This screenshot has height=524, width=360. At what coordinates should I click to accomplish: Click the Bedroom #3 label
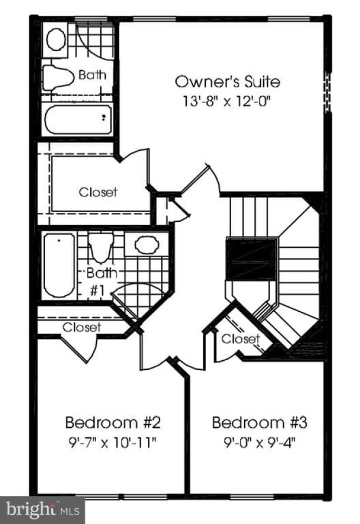pyautogui.click(x=259, y=422)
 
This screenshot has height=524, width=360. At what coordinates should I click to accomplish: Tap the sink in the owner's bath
pyautogui.click(x=56, y=39)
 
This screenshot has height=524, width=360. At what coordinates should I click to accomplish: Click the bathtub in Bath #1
pyautogui.click(x=59, y=266)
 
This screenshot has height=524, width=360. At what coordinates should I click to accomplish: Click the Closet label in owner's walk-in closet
pyautogui.click(x=98, y=192)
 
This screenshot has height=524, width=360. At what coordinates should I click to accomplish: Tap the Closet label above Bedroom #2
pyautogui.click(x=82, y=327)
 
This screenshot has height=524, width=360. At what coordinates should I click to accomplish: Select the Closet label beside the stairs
pyautogui.click(x=240, y=339)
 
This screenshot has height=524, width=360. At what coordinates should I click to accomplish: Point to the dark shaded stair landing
pyautogui.click(x=250, y=259)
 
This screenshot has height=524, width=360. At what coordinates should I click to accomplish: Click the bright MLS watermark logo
pyautogui.click(x=42, y=510)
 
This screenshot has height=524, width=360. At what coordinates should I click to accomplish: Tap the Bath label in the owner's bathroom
pyautogui.click(x=91, y=74)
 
